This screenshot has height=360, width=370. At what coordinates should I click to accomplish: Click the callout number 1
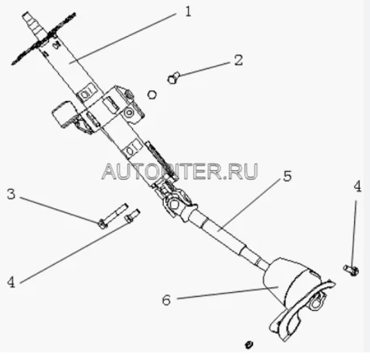point(188,11)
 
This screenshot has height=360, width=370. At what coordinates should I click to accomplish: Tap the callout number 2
point(239,60)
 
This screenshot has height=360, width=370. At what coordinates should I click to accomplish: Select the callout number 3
point(11,194)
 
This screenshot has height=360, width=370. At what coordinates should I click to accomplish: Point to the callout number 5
point(287,176)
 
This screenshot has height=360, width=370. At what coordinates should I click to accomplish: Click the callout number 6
point(167,300)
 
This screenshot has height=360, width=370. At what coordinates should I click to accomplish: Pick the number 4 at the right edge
point(358,187)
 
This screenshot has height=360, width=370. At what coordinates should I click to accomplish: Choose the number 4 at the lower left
point(11,282)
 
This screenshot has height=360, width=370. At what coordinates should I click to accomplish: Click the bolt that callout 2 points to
point(174,78)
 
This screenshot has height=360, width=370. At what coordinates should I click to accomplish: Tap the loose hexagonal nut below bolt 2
point(152,94)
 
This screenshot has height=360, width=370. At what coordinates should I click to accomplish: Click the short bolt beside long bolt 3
point(132,216)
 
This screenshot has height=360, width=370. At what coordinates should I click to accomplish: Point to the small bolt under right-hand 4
point(351,270)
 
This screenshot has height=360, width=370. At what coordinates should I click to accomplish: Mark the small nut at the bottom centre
point(248,344)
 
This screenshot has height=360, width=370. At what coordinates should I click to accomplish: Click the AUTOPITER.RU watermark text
point(180,171)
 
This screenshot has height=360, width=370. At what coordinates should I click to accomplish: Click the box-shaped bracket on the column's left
point(64,114)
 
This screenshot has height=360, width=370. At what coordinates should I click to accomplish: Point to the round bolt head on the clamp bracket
point(129,113)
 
